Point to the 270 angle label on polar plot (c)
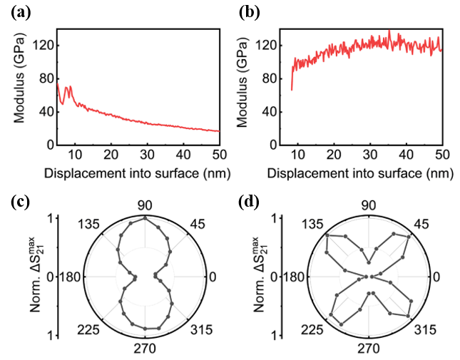(145, 349)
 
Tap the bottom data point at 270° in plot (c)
(145, 336)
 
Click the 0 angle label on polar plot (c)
(213, 277)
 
